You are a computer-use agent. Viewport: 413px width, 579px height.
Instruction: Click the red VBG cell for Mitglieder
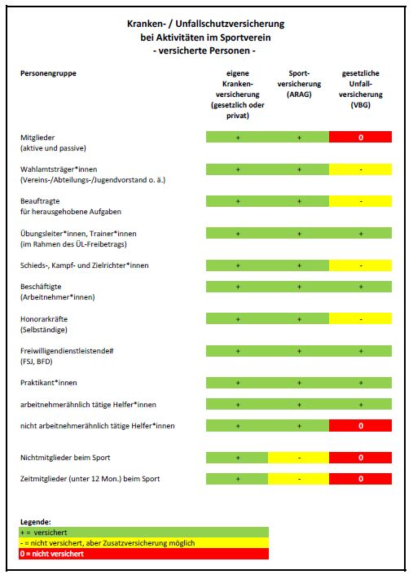click(x=360, y=137)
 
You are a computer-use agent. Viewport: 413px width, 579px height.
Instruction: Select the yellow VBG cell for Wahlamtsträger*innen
click(x=360, y=169)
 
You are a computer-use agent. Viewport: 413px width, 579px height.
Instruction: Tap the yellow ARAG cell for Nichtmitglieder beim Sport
click(x=298, y=458)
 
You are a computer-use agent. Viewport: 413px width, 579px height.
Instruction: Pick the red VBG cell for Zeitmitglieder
click(x=360, y=479)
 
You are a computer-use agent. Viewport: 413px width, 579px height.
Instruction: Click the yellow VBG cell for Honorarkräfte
click(x=360, y=318)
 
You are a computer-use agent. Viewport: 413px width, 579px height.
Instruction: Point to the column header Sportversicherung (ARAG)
click(x=299, y=84)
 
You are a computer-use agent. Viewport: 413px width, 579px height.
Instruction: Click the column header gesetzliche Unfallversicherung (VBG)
click(x=361, y=89)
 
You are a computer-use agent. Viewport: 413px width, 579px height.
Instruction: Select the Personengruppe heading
click(x=48, y=73)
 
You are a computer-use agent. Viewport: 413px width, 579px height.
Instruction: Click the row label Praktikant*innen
click(x=49, y=383)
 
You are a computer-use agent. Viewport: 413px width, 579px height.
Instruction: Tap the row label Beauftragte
click(x=40, y=201)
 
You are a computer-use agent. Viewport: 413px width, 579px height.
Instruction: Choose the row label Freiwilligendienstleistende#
click(x=67, y=351)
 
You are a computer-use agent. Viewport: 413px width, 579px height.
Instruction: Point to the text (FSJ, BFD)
click(x=37, y=362)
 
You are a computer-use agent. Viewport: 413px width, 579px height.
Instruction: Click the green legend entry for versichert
click(x=143, y=533)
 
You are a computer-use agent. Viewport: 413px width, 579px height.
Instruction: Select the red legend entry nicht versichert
click(x=143, y=554)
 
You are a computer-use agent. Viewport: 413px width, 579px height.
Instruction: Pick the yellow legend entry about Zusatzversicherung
click(x=143, y=543)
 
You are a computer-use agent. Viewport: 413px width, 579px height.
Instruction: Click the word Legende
click(x=36, y=522)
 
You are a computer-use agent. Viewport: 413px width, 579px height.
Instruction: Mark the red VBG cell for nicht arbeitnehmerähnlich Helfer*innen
click(x=360, y=425)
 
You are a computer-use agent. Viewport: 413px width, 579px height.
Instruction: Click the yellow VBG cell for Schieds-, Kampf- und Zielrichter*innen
click(x=360, y=265)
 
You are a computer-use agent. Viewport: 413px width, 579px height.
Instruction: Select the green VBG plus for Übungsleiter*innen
click(x=361, y=234)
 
